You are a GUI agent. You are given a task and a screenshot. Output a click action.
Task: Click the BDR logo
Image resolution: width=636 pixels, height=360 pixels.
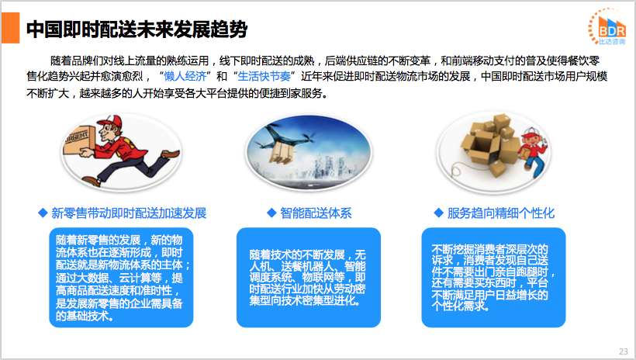pyautogui.click(x=607, y=26)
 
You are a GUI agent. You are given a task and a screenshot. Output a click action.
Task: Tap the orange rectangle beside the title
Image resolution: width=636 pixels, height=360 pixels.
pyautogui.click(x=11, y=28)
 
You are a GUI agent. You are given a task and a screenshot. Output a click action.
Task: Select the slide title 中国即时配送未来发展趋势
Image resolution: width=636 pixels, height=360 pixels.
pyautogui.click(x=137, y=29)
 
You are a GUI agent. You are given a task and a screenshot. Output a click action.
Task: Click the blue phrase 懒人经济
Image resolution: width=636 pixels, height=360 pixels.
pyautogui.click(x=185, y=76)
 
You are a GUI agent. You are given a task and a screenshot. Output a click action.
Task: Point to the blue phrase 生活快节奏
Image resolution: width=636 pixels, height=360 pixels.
pyautogui.click(x=264, y=76)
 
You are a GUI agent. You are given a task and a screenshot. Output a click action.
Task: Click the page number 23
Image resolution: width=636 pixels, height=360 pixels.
pyautogui.click(x=624, y=351)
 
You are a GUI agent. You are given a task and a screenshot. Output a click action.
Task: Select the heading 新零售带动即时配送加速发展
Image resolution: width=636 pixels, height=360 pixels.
pyautogui.click(x=129, y=213)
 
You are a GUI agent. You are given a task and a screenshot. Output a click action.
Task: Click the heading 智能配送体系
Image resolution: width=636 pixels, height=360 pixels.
pyautogui.click(x=316, y=213)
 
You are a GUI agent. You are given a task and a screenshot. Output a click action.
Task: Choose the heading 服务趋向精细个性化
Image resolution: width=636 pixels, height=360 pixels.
pyautogui.click(x=501, y=213)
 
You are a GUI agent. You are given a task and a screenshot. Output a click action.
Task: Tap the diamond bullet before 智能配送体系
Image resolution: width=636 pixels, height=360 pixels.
pyautogui.click(x=271, y=213)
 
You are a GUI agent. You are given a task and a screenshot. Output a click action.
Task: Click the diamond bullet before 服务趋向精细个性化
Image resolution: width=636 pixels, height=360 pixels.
pyautogui.click(x=438, y=213)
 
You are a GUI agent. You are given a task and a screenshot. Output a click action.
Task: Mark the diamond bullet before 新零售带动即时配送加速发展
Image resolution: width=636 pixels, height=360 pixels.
pyautogui.click(x=43, y=213)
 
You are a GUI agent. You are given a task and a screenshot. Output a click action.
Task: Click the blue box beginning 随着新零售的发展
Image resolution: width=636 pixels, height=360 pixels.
pyautogui.click(x=121, y=278)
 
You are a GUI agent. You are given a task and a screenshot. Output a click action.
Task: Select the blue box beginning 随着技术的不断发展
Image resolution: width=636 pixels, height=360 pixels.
pyautogui.click(x=309, y=278)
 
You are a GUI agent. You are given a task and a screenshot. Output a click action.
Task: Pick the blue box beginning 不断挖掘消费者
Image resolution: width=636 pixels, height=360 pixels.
pyautogui.click(x=493, y=278)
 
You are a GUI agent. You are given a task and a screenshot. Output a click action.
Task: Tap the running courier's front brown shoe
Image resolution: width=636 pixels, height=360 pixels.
pyautogui.click(x=171, y=154)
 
